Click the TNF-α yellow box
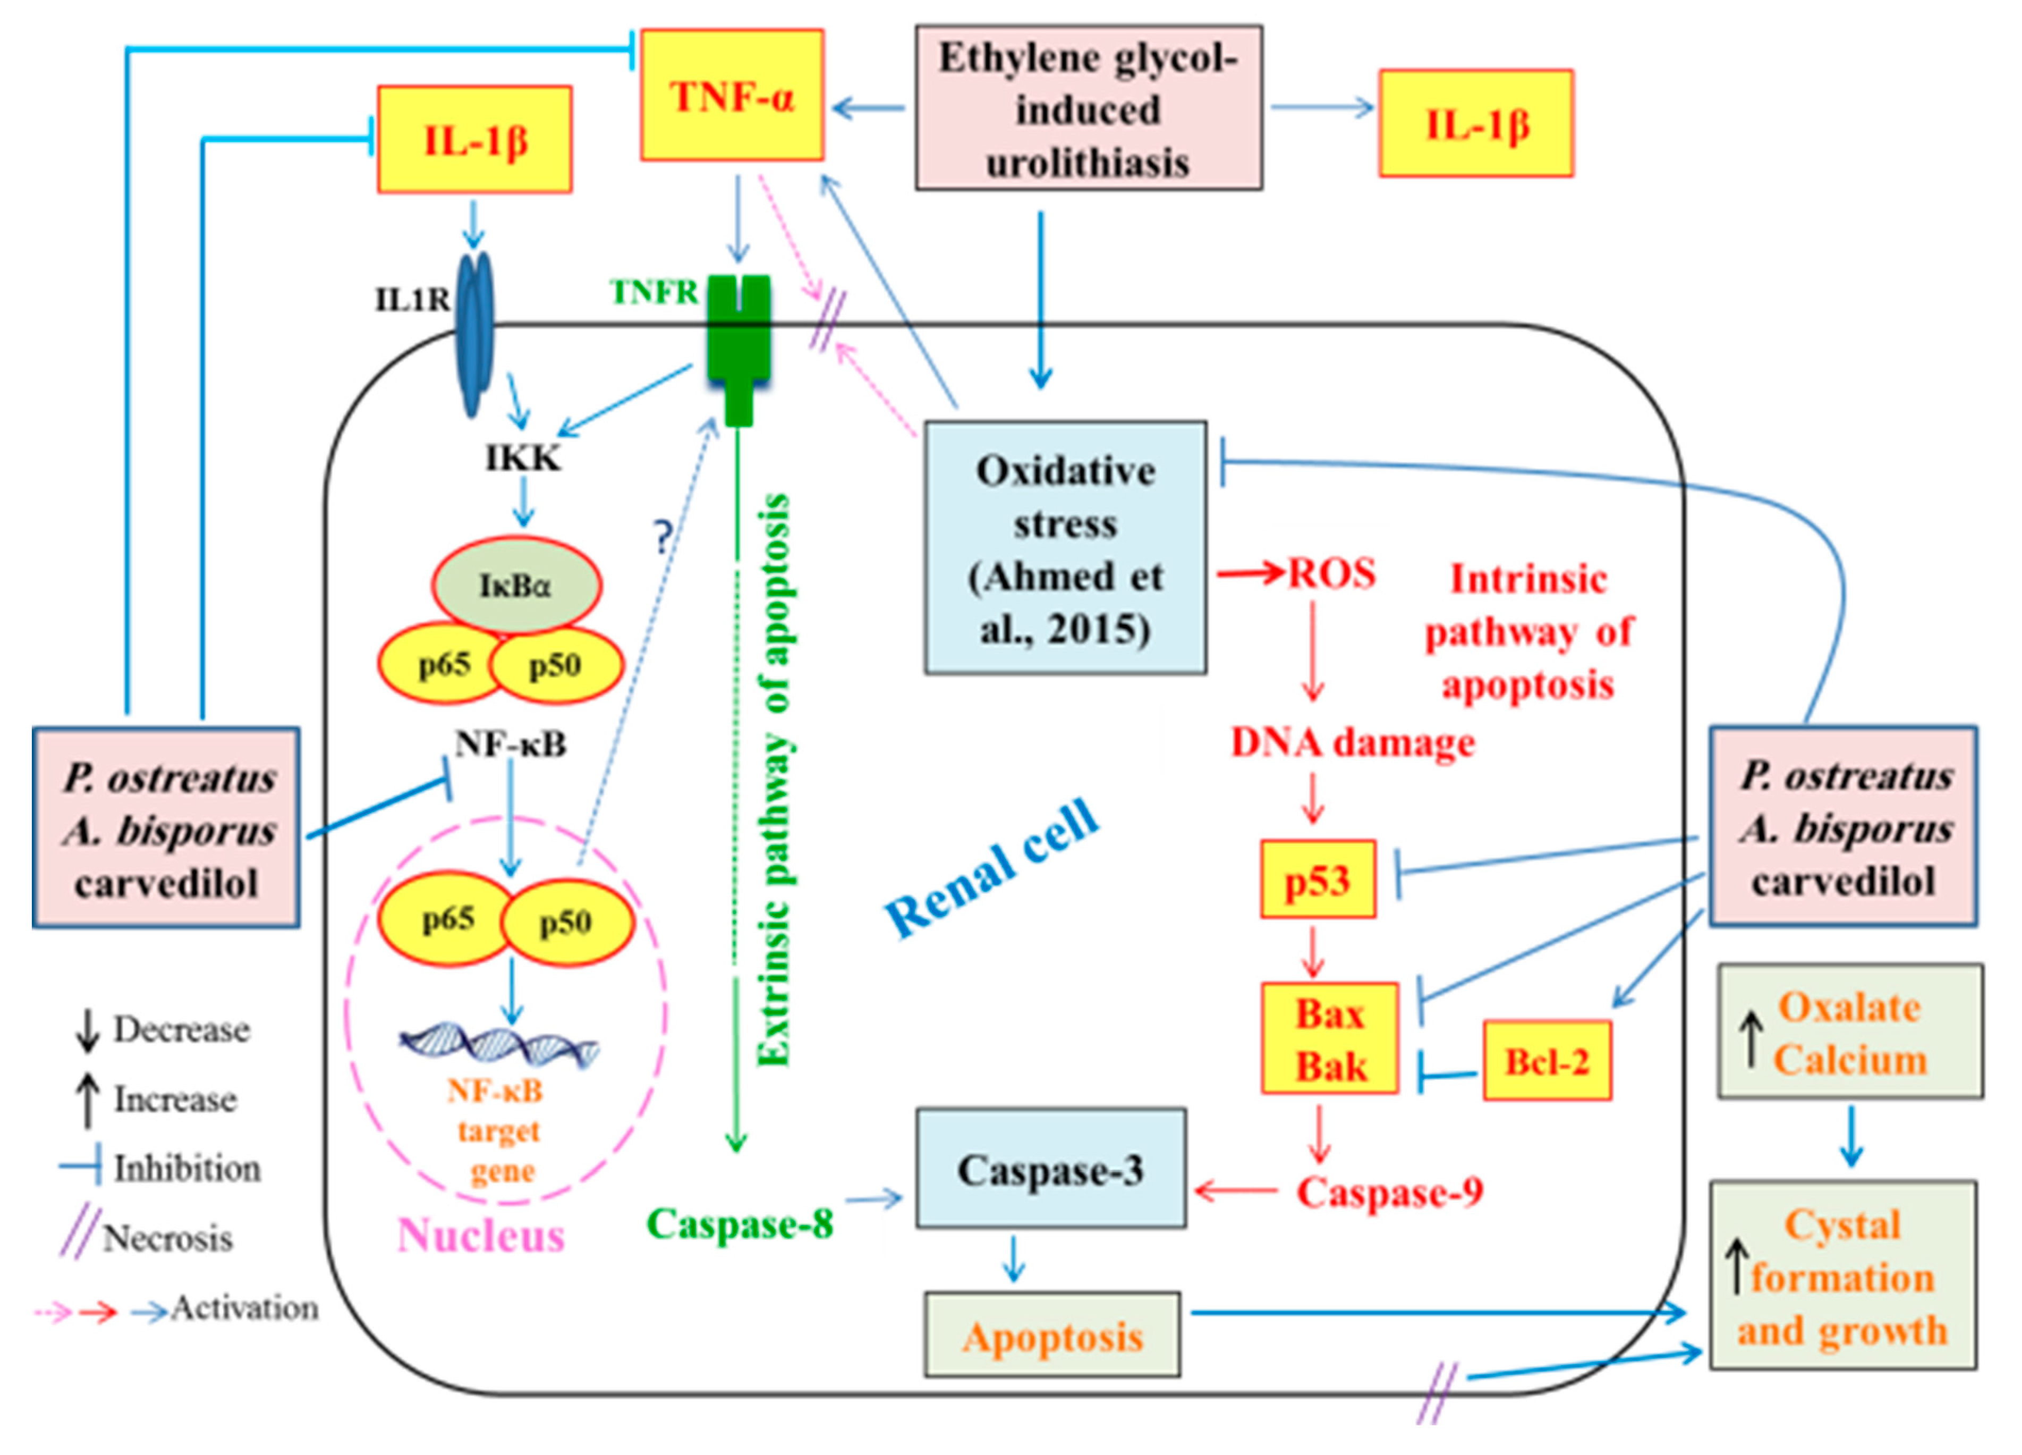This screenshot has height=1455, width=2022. (x=731, y=96)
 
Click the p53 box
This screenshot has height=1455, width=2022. (x=1317, y=880)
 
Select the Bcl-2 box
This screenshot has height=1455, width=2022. (x=1547, y=1061)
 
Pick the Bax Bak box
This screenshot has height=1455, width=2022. (x=1329, y=1039)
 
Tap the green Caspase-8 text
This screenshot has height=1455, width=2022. (x=739, y=1224)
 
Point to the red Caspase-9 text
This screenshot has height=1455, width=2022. (x=1389, y=1192)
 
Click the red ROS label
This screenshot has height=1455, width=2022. (x=1331, y=573)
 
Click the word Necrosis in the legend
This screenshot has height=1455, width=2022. (x=167, y=1238)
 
